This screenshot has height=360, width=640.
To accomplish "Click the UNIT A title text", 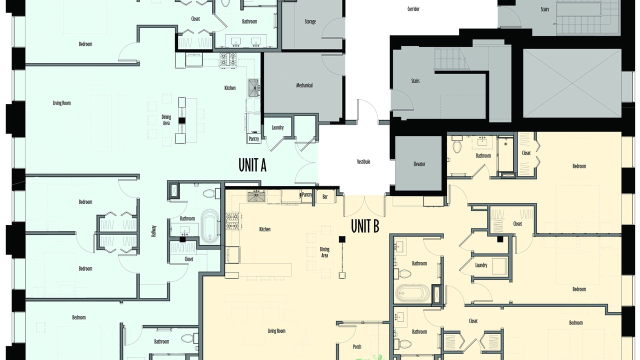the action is tap(252, 165).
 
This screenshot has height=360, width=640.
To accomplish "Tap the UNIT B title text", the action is tap(365, 226).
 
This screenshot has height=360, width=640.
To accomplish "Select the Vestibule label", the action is tap(363, 161).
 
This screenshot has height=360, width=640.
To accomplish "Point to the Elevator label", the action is tap(419, 164).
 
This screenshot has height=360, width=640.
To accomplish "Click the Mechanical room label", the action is tap(304, 85).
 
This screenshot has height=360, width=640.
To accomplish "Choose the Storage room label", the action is tap(310, 21).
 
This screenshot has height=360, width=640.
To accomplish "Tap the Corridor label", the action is tap(413, 9).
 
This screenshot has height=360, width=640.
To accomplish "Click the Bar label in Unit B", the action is tap(325, 197).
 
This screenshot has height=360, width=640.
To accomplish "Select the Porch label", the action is tap(357, 346).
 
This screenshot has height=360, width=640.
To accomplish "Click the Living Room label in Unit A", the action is tap(61, 103).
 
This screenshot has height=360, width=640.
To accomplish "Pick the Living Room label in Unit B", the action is tap(276, 331).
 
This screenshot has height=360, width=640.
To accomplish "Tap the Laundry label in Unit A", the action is tap(277, 127).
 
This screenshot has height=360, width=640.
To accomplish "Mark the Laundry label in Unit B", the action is tap(481, 265).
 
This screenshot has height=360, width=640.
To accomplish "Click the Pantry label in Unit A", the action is tap(253, 139).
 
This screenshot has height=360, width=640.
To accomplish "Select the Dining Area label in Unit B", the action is tap(324, 252).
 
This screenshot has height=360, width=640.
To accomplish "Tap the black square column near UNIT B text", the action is tap(342, 239).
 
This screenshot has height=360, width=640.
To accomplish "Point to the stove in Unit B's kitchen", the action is tap(233, 221).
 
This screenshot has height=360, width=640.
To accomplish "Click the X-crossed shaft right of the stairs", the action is tap(572, 83).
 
